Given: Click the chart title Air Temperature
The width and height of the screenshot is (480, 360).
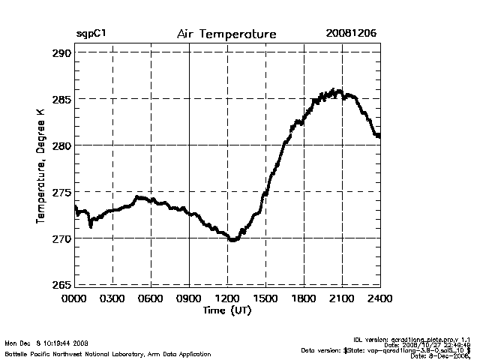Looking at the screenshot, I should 226,34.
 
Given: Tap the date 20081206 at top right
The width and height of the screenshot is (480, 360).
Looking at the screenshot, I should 351,34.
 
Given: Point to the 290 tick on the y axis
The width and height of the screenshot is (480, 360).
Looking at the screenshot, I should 61,53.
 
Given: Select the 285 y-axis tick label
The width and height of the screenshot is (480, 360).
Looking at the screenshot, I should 61,100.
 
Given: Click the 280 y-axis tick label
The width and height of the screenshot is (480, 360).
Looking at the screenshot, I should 61,145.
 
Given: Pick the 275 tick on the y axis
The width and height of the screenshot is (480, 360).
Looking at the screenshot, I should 61,192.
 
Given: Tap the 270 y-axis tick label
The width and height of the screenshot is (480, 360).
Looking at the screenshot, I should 61,238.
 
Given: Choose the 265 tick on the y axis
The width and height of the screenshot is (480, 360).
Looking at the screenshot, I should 61,284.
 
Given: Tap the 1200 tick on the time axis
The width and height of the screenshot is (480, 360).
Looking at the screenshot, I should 228,299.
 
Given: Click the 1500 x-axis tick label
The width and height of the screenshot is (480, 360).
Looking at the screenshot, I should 266,299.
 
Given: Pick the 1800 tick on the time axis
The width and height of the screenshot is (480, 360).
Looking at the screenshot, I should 304,299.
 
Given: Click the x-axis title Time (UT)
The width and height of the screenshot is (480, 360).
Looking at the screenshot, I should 226,310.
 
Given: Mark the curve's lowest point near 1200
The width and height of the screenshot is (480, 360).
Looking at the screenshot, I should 232,240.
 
